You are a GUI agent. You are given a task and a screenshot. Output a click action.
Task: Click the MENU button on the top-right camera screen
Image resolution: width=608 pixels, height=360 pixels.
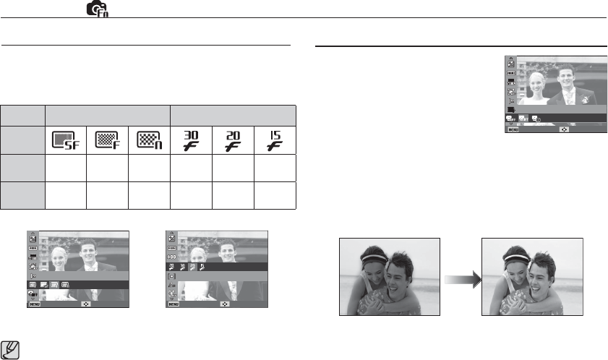point(514,130)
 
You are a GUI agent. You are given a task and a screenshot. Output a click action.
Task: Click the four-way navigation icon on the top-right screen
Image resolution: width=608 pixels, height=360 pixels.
point(565,130)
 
